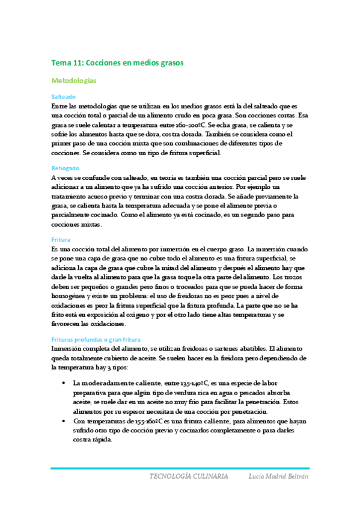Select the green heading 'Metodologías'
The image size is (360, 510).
[75, 79]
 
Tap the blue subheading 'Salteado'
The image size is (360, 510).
[64, 96]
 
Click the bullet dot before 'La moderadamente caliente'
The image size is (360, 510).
[64, 383]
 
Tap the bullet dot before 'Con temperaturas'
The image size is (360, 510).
[64, 422]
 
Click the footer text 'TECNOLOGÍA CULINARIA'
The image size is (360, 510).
[189, 476]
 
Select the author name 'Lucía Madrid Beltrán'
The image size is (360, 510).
[278, 476]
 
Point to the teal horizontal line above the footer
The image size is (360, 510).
[180, 468]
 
